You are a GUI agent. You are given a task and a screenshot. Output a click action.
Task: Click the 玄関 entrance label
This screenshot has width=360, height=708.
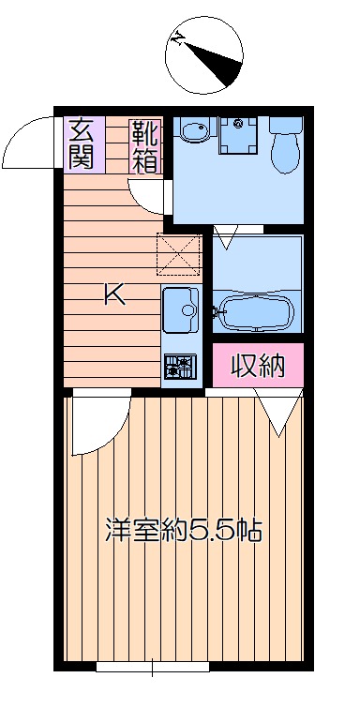coord(84,144)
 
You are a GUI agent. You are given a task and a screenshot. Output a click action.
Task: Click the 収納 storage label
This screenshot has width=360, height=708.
coord(258,366)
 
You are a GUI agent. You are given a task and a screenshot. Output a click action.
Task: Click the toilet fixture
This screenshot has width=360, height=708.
coord(286,144)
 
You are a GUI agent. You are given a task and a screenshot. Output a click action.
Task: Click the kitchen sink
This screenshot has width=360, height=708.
coord(181,309)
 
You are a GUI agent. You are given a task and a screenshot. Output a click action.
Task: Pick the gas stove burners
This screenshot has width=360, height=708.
coord(180,366)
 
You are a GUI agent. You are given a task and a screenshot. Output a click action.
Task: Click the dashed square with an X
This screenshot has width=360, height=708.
coord(178,254)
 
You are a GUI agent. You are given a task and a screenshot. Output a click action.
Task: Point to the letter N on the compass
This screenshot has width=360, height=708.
coord(179,38)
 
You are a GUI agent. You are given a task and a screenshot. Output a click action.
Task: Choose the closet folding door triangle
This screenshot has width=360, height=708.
coord(278,412)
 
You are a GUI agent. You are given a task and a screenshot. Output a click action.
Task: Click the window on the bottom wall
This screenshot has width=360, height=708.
coord(153,667)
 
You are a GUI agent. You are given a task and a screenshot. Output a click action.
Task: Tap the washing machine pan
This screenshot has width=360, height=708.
coord(238,135)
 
